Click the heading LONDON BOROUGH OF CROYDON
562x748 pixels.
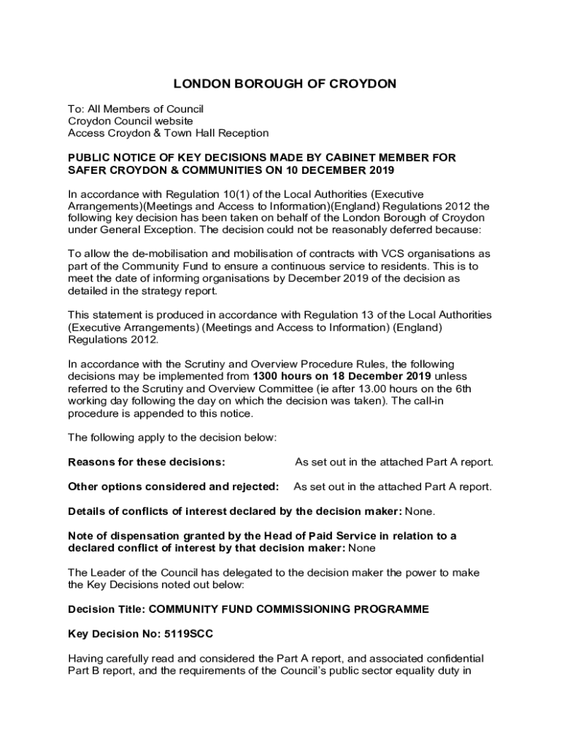point(285,84)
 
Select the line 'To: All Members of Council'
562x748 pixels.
point(136,109)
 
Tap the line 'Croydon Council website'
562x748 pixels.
point(131,121)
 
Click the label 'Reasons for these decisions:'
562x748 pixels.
point(146,462)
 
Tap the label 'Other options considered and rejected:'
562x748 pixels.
point(173,486)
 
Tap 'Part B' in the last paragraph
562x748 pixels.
point(82,670)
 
